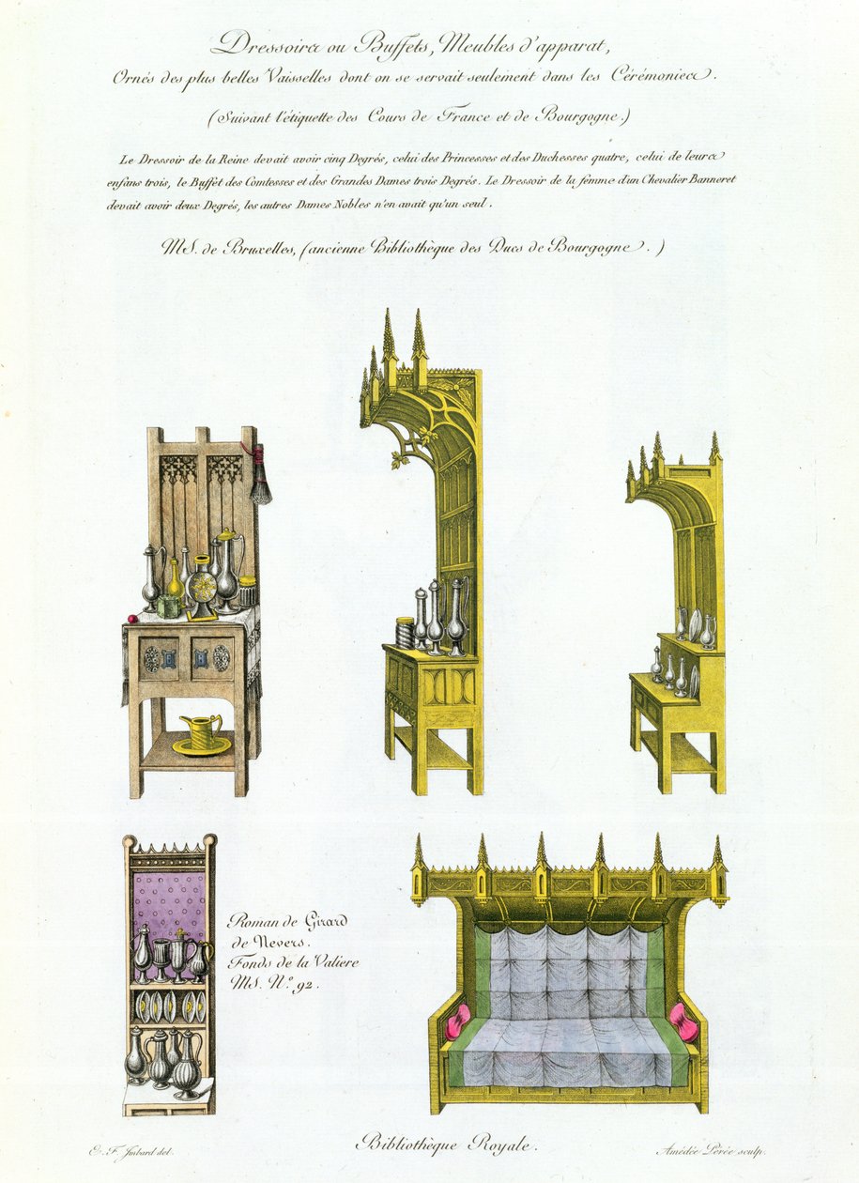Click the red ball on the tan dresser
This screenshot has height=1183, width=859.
click(x=133, y=619)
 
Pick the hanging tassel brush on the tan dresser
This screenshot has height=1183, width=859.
click(x=260, y=484)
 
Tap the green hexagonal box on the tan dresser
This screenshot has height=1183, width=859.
click(x=169, y=607)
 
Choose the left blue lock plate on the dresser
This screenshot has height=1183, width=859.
click(x=172, y=659)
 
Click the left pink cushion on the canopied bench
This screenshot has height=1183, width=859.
click(x=457, y=1022)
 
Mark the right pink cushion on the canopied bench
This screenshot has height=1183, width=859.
click(x=685, y=1022)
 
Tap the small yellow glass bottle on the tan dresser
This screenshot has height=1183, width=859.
click(x=175, y=579)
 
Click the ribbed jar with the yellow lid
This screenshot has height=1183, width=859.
click(x=248, y=592)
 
